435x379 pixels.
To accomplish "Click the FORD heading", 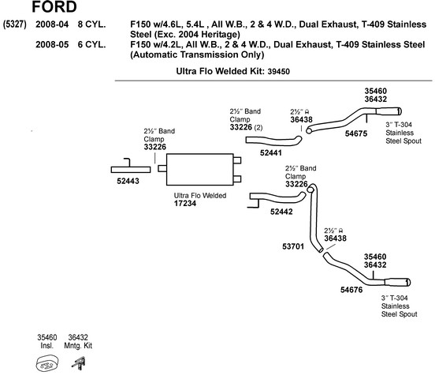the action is pos(54,6).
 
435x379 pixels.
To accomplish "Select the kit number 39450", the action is pos(278,72).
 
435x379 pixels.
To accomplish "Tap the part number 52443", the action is pos(128,181).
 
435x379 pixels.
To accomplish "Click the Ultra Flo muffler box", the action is pos(199,169).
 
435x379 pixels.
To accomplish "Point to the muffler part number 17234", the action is pos(185,203).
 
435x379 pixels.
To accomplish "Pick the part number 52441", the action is pos(271,152).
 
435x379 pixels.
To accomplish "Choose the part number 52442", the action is pos(281,212).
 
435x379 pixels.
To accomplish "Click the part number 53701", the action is pos(293,246).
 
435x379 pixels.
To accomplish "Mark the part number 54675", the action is pos(356,133).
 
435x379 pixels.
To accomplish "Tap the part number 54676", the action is pos(351,290).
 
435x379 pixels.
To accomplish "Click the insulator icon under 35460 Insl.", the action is pos(46,363).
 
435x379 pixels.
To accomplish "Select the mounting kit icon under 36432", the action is pos(79,363).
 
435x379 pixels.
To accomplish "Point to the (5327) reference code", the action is pos(14,24).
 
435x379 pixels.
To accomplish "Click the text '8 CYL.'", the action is pos(91,24).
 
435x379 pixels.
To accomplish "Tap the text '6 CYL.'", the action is pos(91,44).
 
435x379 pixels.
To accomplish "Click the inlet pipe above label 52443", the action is pos(131,169).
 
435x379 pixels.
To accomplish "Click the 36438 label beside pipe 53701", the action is pos(335,238).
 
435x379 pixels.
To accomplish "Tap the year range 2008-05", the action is pos(52,44).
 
